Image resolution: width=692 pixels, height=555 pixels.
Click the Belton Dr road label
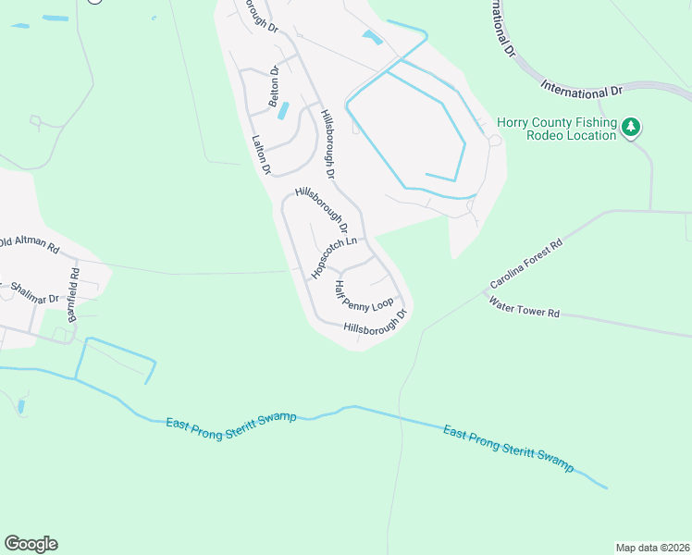click(274, 86)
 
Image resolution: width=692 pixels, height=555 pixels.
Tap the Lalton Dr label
click(261, 155)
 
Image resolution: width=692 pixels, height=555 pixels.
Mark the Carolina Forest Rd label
click(525, 265)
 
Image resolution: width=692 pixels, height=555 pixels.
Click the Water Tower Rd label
click(525, 308)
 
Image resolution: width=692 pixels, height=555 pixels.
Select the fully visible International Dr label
click(583, 91)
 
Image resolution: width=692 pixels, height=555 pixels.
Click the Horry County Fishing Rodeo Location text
click(556, 129)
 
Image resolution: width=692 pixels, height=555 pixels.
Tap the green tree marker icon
click(631, 126)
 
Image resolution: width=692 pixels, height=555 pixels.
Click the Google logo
click(31, 544)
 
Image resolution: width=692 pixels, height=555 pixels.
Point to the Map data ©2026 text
click(652, 547)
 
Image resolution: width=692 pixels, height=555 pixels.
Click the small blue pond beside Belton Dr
click(283, 110)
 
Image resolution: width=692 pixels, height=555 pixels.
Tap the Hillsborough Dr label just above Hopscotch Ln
click(321, 210)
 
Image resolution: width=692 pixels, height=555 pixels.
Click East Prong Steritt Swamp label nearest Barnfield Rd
click(231, 420)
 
